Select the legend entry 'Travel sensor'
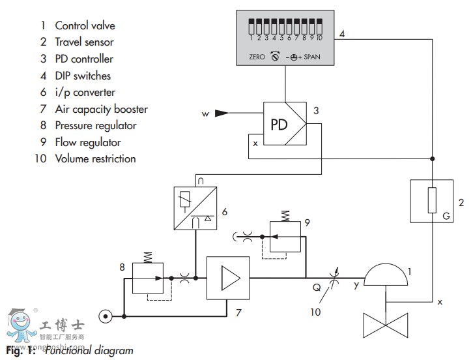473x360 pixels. [84, 42]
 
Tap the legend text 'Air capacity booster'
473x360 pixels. [101, 109]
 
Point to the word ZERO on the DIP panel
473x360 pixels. [257, 57]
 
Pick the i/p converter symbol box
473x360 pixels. [195, 207]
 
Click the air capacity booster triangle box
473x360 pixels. [228, 278]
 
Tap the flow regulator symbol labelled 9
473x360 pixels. [285, 234]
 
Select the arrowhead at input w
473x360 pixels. [223, 113]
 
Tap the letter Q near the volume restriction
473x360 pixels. [316, 287]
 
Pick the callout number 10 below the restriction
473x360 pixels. [315, 312]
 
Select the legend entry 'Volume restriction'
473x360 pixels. [95, 158]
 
